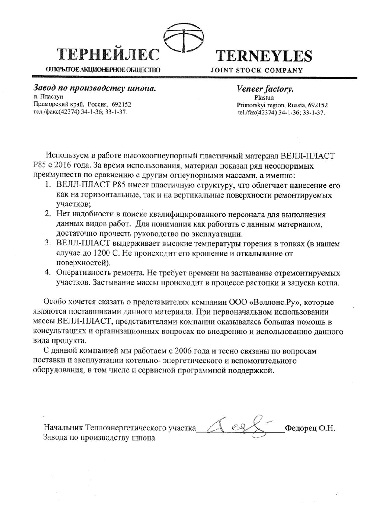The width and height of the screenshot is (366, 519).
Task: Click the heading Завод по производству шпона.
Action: coord(94,89)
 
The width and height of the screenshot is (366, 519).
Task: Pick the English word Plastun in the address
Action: coord(264,98)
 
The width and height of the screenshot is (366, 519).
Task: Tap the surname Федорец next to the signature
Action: coord(301,428)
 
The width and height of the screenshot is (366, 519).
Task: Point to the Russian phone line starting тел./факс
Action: coord(80,112)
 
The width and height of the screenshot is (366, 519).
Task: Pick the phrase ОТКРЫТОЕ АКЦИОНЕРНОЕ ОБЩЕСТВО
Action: coord(103,70)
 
